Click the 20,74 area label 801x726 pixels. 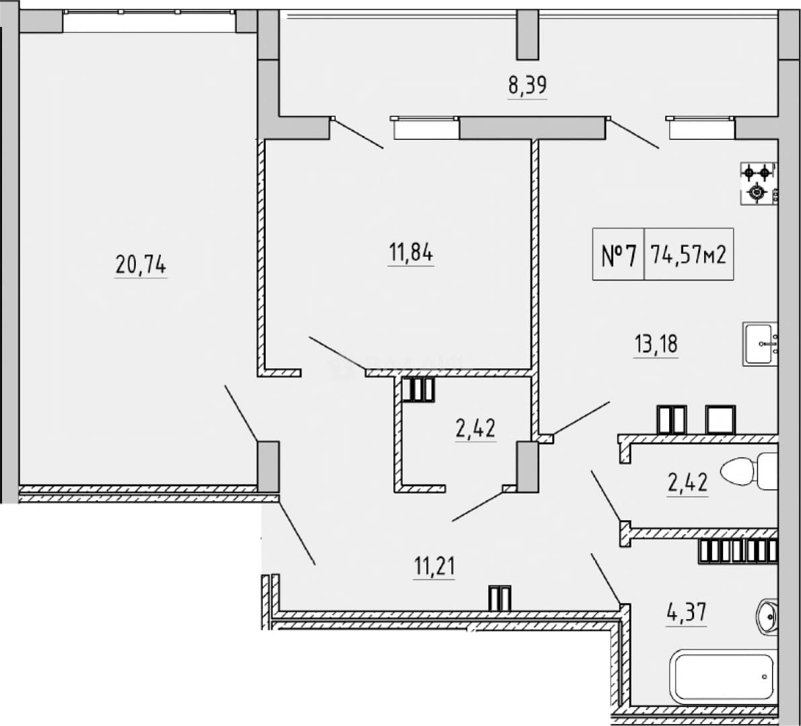[141, 265]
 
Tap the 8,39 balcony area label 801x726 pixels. [527, 85]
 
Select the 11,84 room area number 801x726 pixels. [411, 252]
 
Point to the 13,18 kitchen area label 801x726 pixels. [656, 344]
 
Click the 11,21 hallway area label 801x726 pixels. [434, 566]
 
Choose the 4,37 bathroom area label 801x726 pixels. [687, 612]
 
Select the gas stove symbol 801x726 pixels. [758, 184]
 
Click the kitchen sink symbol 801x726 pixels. [761, 344]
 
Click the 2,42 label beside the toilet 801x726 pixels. [687, 483]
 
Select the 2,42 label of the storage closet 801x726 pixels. [475, 428]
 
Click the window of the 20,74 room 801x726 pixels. [149, 21]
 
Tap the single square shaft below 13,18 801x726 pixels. [720, 419]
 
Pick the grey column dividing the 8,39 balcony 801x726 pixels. [528, 35]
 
